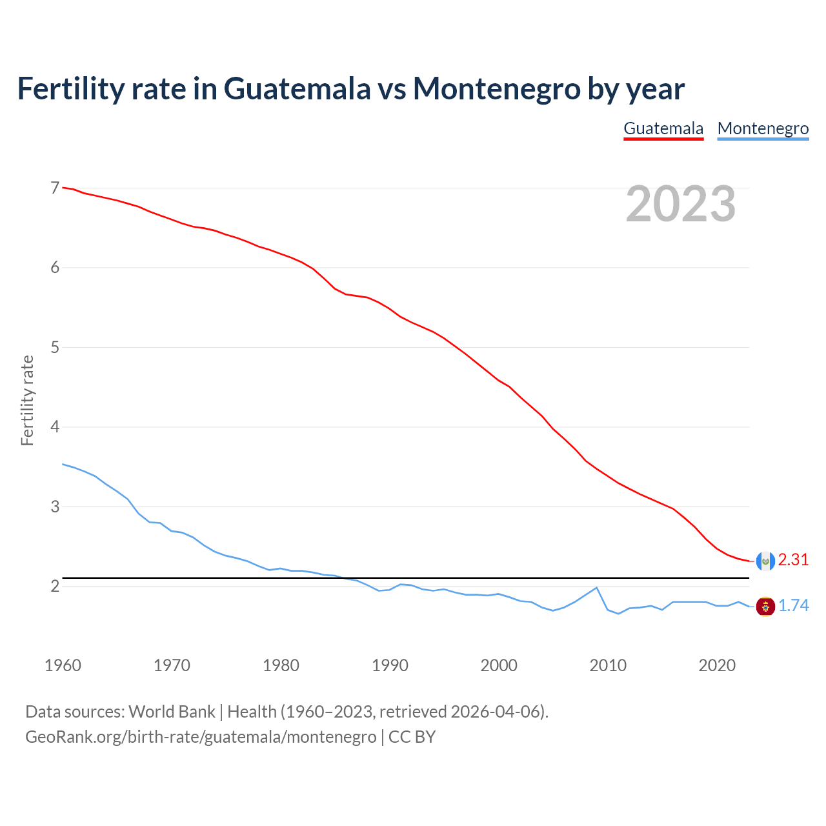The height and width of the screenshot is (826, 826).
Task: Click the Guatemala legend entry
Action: coord(663,128)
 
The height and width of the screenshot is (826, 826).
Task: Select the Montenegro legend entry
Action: coord(763,128)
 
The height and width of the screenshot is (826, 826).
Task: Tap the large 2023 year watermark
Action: coord(680,204)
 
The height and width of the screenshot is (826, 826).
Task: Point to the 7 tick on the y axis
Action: coord(55,188)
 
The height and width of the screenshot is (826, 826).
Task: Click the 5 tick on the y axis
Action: coord(55,347)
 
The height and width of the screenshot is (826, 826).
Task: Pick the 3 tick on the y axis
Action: coord(55,507)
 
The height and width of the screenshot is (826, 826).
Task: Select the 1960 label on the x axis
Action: coord(63,665)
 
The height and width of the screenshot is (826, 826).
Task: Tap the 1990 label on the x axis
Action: coord(390,665)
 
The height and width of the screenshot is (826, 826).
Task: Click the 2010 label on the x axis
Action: coord(608,665)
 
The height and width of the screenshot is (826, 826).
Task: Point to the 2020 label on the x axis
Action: coord(717,665)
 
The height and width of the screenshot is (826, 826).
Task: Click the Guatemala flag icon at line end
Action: coord(765,561)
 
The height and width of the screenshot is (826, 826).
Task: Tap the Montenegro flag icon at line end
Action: coord(765,607)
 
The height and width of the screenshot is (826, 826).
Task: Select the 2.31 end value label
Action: coord(793,560)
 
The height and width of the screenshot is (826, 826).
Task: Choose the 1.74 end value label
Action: coord(793,606)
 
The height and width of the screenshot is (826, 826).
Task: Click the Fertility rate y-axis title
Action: coord(27,400)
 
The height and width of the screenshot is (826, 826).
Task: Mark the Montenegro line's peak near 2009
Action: coord(597,587)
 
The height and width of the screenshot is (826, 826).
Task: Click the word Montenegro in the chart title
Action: coord(497,88)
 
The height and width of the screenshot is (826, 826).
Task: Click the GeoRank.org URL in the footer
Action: coord(201,737)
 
